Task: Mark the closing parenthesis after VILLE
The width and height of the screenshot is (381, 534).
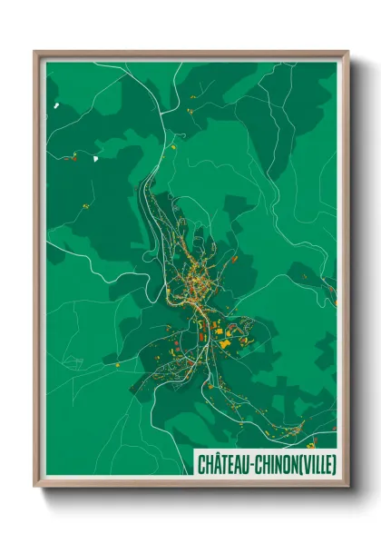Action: [x=332, y=463]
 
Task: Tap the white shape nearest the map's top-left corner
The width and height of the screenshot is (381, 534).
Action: [x=55, y=105]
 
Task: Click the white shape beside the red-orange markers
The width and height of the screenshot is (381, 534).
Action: [x=93, y=158]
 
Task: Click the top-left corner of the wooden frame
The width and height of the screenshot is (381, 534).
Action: [x=35, y=53]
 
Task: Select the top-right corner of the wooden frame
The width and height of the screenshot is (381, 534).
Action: [x=347, y=53]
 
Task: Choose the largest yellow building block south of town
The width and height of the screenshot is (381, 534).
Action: [x=222, y=343]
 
